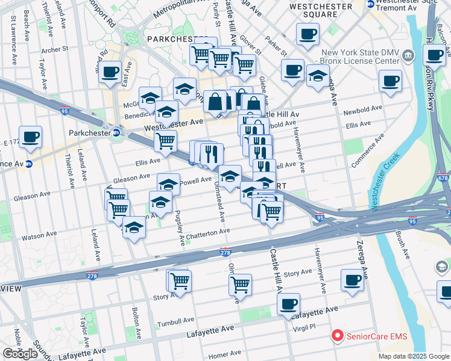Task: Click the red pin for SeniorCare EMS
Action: pos(338,336)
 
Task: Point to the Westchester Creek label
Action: pos(384,187)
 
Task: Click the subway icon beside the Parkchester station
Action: pos(116,132)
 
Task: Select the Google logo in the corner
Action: pos(20,353)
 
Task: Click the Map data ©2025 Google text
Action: pos(413,356)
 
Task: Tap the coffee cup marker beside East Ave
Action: pos(110,72)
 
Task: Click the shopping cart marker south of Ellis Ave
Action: pos(165,141)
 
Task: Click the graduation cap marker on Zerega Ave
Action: pos(318,76)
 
